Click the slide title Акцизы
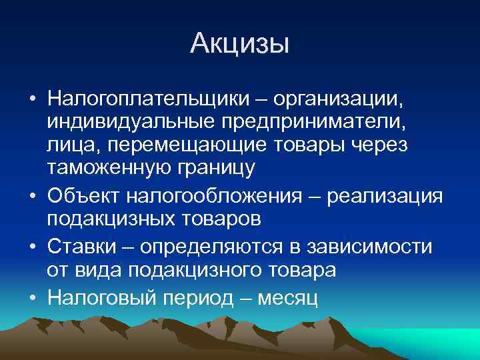pyautogui.click(x=239, y=45)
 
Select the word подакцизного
pyautogui.click(x=201, y=269)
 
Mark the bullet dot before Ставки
pyautogui.click(x=31, y=247)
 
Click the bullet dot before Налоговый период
pyautogui.click(x=31, y=298)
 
